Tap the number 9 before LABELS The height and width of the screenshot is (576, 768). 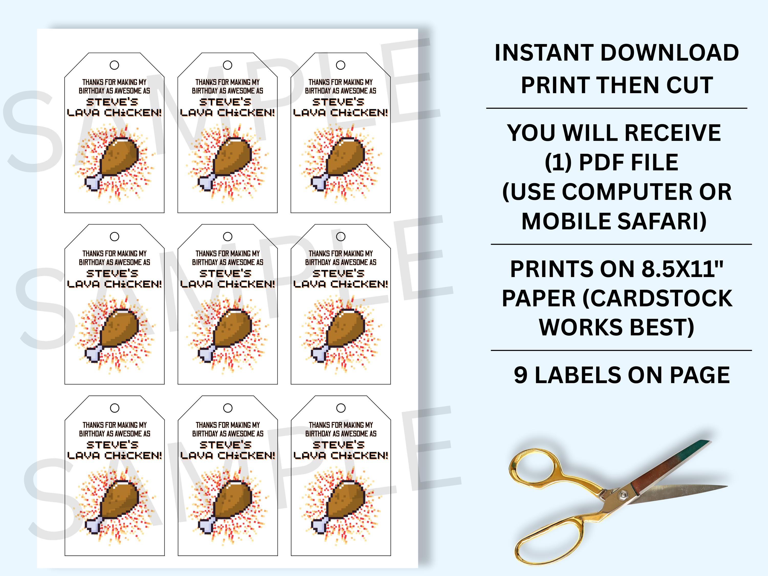point(520,375)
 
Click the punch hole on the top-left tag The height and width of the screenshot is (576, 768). point(114,65)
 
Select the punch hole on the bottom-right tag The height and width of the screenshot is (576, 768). point(341,408)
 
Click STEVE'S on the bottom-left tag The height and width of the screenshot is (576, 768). point(112,445)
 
